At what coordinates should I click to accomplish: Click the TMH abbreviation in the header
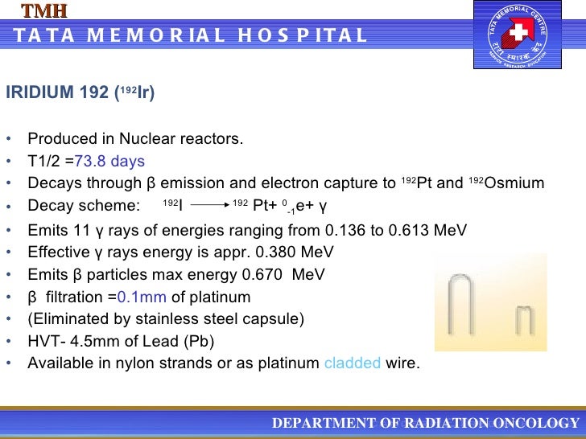(43, 10)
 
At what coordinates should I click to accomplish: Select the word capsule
(276, 318)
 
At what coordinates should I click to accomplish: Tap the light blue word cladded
(352, 363)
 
